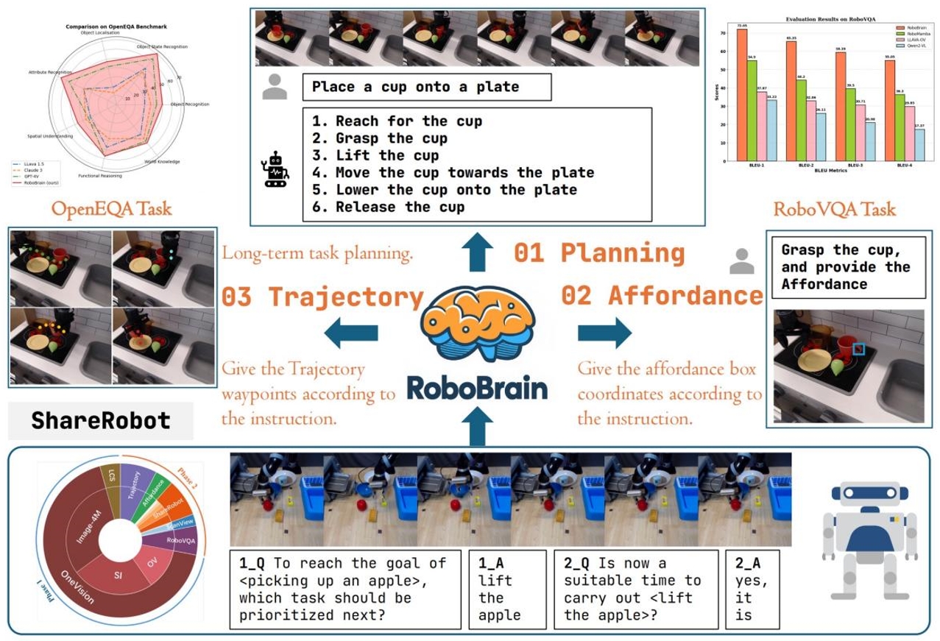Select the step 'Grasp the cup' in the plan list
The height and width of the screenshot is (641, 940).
(380, 138)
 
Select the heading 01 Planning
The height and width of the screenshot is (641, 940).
(598, 252)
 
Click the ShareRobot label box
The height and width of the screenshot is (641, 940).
(101, 420)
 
